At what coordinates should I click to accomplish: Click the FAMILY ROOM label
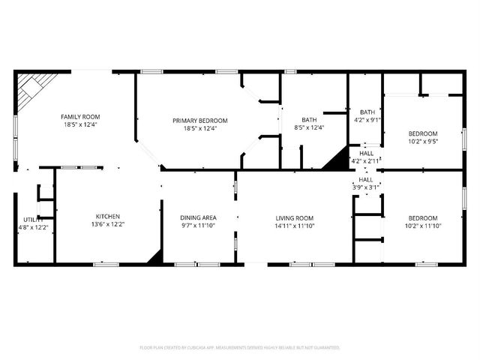(x=80, y=117)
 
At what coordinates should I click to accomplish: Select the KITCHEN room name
(x=107, y=216)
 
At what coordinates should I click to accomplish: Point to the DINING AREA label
(x=199, y=217)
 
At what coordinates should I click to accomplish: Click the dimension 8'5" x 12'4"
(x=309, y=127)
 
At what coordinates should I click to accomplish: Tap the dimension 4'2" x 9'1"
(x=367, y=119)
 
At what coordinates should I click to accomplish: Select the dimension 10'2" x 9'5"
(x=423, y=140)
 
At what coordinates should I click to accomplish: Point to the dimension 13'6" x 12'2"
(x=107, y=224)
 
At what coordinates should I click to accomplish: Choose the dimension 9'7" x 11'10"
(x=199, y=225)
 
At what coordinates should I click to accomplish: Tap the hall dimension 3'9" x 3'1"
(x=366, y=187)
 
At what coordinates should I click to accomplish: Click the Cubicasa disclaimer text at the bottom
(x=240, y=348)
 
